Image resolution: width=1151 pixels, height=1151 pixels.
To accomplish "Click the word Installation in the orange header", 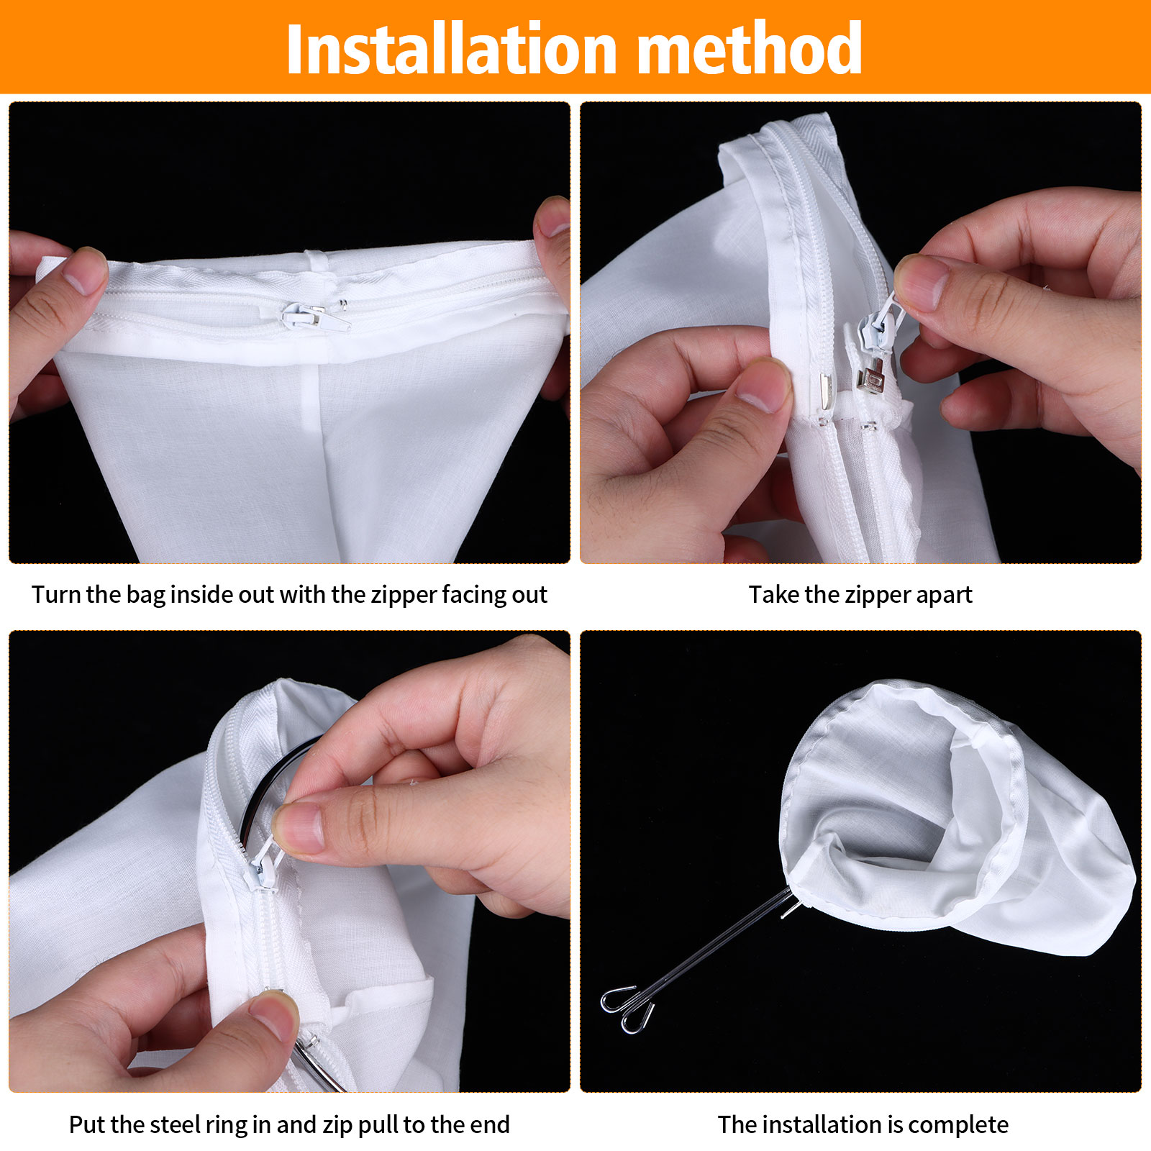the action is [452, 49].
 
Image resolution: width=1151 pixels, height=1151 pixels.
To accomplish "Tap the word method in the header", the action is [750, 49].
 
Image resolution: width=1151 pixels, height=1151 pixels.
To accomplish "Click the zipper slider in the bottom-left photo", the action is [260, 863].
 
